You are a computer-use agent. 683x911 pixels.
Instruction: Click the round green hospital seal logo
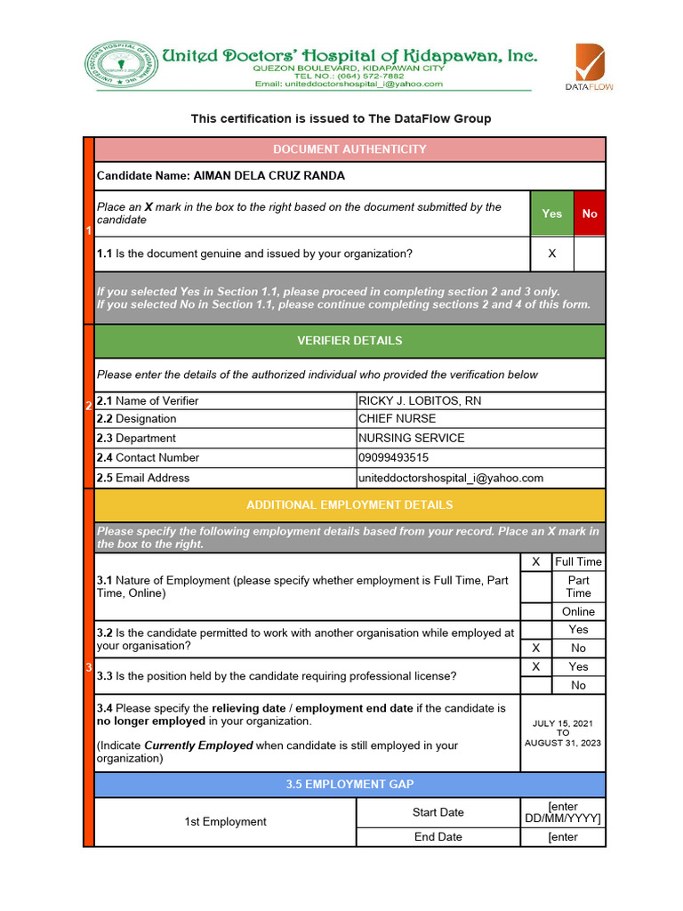pyautogui.click(x=120, y=67)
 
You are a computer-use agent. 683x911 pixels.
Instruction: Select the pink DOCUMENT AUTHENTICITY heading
pyautogui.click(x=350, y=149)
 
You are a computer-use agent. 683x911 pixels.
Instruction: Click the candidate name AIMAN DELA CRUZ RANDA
pyautogui.click(x=269, y=176)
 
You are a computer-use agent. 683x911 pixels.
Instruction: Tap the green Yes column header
pyautogui.click(x=551, y=214)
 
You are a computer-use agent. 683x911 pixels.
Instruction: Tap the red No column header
pyautogui.click(x=590, y=214)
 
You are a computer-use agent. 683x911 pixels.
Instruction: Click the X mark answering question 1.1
pyautogui.click(x=551, y=254)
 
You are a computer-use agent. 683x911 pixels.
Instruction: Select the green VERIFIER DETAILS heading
pyautogui.click(x=350, y=341)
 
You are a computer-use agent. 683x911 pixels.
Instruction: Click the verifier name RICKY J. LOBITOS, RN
pyautogui.click(x=420, y=401)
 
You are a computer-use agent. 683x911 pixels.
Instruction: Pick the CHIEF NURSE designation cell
pyautogui.click(x=397, y=419)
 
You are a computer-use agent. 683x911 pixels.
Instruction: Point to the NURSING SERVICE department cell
pyautogui.click(x=411, y=439)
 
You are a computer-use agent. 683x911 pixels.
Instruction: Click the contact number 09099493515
pyautogui.click(x=393, y=458)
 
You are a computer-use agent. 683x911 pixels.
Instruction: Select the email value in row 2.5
pyautogui.click(x=450, y=478)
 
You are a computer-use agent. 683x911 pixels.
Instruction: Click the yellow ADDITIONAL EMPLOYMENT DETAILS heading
pyautogui.click(x=350, y=505)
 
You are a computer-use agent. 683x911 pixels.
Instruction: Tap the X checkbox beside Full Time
pyautogui.click(x=535, y=562)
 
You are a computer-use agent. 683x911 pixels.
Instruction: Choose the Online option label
pyautogui.click(x=578, y=612)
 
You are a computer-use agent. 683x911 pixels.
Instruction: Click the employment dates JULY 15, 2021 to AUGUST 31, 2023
pyautogui.click(x=563, y=733)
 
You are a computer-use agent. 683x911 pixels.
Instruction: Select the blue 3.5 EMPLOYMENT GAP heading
pyautogui.click(x=350, y=785)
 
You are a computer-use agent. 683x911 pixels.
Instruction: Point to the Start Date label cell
pyautogui.click(x=438, y=812)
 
